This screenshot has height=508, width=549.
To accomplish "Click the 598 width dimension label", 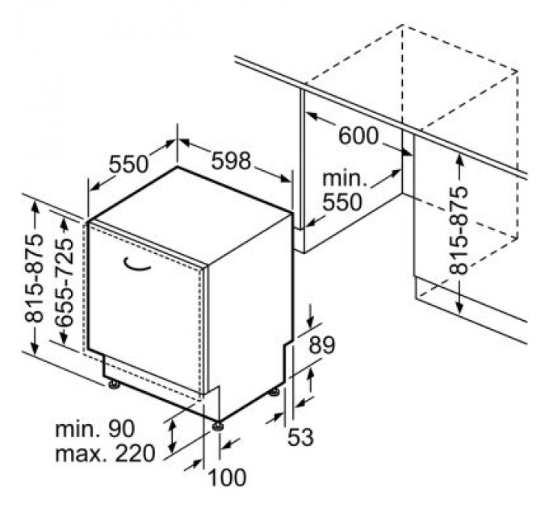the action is pyautogui.click(x=232, y=160).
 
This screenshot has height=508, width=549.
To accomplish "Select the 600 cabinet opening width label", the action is pyautogui.click(x=358, y=135).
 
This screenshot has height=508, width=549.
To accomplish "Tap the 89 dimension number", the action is pyautogui.click(x=322, y=345).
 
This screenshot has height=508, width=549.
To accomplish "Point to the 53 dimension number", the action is pyautogui.click(x=300, y=437).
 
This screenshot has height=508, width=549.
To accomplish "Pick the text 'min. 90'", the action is pyautogui.click(x=94, y=428).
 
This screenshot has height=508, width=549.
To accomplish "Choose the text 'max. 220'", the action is pyautogui.click(x=105, y=453).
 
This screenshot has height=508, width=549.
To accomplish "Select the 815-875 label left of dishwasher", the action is pyautogui.click(x=34, y=278).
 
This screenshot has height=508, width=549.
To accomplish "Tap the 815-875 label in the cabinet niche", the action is pyautogui.click(x=459, y=230).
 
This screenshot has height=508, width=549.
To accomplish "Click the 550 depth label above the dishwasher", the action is pyautogui.click(x=128, y=164).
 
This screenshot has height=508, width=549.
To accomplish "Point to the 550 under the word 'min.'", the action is pyautogui.click(x=342, y=202).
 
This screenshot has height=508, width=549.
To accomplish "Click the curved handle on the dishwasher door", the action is pyautogui.click(x=137, y=264).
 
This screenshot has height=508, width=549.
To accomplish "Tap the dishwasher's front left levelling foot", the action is pyautogui.click(x=114, y=385).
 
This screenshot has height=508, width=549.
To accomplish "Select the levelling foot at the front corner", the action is pyautogui.click(x=218, y=426).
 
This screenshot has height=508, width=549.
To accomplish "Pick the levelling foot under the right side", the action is pyautogui.click(x=274, y=392).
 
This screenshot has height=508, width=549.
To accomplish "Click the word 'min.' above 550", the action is pyautogui.click(x=345, y=178).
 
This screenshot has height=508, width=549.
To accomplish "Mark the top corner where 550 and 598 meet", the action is pyautogui.click(x=177, y=167).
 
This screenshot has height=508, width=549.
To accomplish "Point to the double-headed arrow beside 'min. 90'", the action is pyautogui.click(x=172, y=436).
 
